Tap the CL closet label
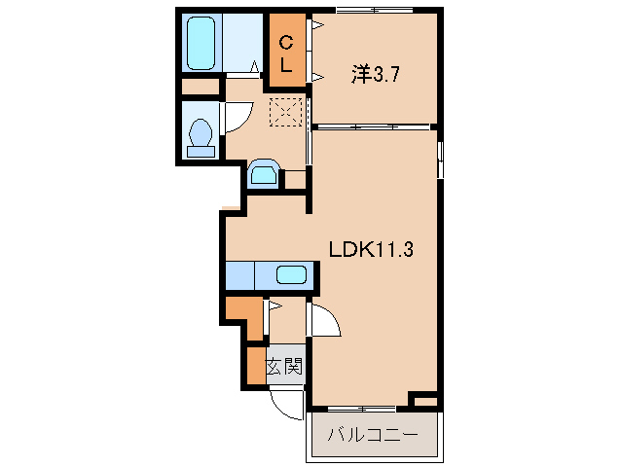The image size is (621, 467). coord(287,54)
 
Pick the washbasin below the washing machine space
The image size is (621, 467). coord(264,174)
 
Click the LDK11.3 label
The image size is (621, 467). coord(372,249)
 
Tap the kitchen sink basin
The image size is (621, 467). coord(291,274)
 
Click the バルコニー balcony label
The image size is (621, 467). coord(373,434)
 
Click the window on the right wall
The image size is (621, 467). coord(441,160)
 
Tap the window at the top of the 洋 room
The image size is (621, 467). coord(373,11)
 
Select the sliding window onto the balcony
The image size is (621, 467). coord(363,406)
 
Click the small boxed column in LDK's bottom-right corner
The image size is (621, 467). coord(425,400)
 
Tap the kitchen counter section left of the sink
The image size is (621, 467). coord(239,274)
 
